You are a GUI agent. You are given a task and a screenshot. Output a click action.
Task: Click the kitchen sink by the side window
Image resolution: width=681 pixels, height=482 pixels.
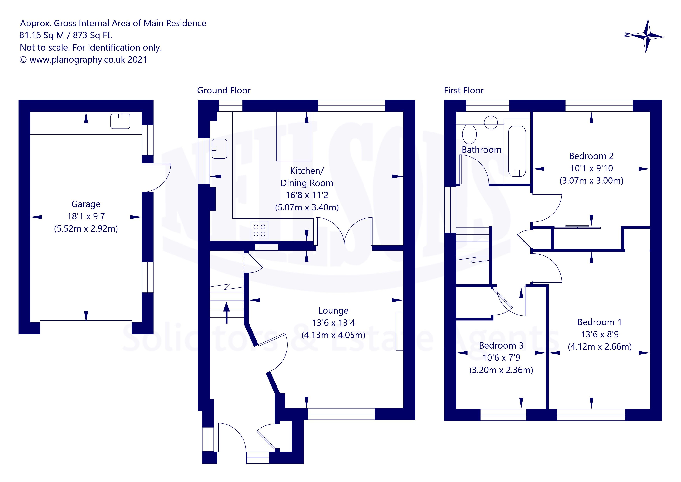219,149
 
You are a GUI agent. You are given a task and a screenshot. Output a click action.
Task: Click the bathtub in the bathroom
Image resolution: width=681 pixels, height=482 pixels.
517,151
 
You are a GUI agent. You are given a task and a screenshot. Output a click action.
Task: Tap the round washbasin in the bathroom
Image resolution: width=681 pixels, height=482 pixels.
491,122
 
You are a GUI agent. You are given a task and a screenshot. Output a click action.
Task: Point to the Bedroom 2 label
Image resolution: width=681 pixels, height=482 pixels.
591,156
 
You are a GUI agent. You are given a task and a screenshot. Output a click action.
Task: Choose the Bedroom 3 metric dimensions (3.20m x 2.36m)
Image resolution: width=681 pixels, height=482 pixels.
501,370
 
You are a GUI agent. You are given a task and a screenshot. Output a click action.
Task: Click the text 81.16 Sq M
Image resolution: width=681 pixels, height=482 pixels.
42,35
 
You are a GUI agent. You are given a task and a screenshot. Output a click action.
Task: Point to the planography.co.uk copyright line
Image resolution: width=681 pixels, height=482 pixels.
83,60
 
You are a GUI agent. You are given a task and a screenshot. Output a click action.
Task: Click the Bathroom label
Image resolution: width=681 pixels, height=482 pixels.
481,150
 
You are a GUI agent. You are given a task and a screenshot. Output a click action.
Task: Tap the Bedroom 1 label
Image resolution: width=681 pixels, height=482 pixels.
599,322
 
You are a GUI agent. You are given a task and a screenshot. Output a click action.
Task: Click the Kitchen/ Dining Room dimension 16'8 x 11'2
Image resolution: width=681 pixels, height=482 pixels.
307,195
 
